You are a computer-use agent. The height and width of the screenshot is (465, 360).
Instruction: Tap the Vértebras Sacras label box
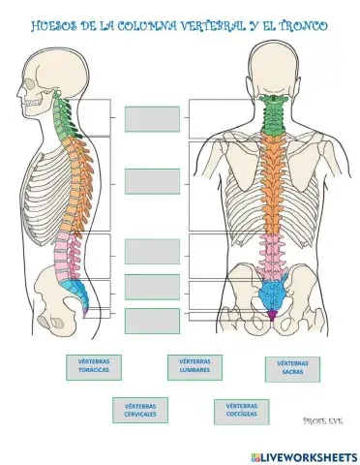coord(293,368)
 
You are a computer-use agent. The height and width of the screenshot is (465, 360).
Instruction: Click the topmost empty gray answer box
coord(152,118)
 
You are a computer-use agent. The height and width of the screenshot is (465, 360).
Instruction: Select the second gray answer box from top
coord(152,180)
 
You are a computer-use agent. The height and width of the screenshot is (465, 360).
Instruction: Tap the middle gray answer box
coord(152,251)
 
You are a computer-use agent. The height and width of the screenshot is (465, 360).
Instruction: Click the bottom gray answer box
coord(152,320)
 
